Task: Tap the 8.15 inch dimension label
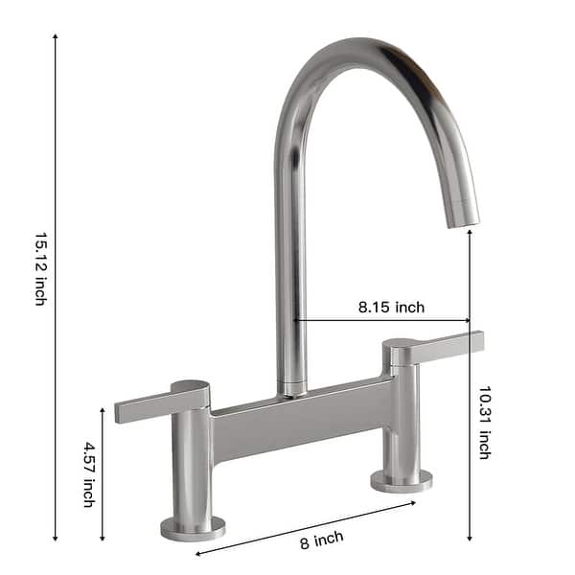point(391,308)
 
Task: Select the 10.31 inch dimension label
point(485,422)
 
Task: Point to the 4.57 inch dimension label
point(88,473)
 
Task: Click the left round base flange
point(193,528)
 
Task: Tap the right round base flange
point(401,480)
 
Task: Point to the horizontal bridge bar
point(302,418)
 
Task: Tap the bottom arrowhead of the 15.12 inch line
point(56,539)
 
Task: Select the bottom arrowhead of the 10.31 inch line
point(469,539)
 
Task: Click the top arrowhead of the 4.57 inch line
point(103,409)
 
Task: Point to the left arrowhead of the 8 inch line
point(198,553)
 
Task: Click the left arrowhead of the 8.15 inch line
point(297,320)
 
